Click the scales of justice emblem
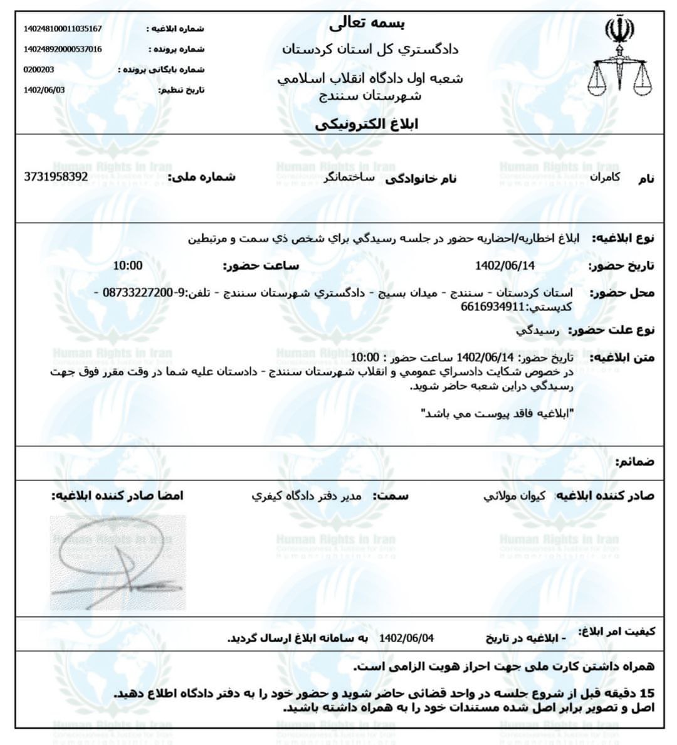(x=620, y=60)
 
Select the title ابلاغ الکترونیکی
(x=367, y=124)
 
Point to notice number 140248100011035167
(x=63, y=29)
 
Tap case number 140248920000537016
(x=63, y=49)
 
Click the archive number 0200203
(x=39, y=70)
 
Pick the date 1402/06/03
(x=44, y=90)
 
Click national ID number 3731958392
(x=56, y=177)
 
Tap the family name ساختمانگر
(x=347, y=178)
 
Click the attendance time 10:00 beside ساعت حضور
(x=128, y=265)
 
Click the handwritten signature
(x=118, y=563)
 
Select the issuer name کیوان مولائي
(x=514, y=496)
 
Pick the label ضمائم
(x=634, y=462)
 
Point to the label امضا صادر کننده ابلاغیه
(x=117, y=496)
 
